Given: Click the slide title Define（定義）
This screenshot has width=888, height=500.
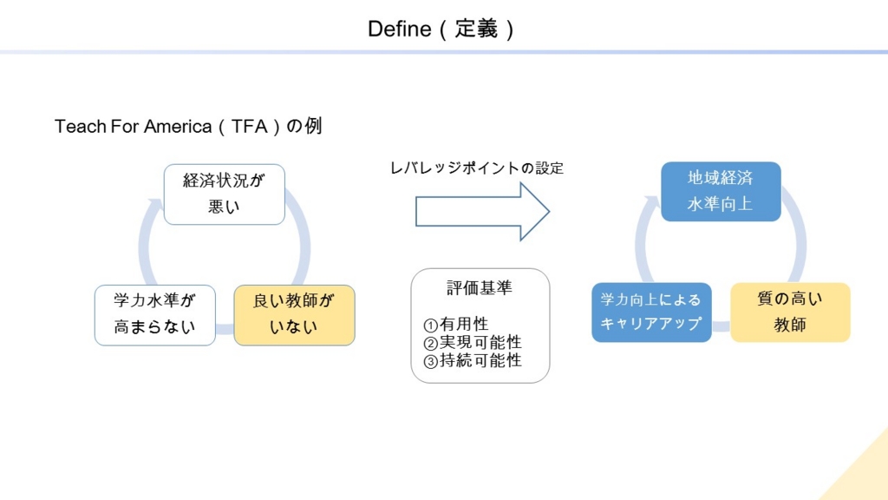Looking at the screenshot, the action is [441, 29].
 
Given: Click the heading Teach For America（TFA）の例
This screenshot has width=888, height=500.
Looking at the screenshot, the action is [188, 126].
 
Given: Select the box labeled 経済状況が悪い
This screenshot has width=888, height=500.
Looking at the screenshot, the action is [225, 194].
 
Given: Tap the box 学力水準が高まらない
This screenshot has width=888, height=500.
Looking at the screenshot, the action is [154, 315].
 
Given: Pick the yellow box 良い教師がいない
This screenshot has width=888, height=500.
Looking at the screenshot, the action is [294, 315].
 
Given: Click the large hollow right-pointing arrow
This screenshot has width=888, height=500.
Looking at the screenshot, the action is [482, 212].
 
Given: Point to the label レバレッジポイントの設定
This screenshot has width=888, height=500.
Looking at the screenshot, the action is [477, 168].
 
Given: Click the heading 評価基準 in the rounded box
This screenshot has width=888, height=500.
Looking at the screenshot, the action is [480, 288].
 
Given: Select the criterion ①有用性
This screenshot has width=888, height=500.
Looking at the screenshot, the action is [456, 325].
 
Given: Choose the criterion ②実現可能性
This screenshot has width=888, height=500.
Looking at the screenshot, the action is [473, 342].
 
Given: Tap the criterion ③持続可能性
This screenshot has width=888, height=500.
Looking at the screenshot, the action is [473, 360].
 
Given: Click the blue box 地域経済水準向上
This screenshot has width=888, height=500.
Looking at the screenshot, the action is [721, 192].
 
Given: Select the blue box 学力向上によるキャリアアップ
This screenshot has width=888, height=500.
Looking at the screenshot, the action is [651, 312].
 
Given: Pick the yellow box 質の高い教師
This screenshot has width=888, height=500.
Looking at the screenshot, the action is [790, 312].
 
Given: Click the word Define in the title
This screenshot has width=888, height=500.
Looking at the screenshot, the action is [399, 29].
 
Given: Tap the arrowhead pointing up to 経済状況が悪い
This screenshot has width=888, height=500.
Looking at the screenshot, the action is [154, 204].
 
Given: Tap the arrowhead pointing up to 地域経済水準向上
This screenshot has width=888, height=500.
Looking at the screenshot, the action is [651, 201].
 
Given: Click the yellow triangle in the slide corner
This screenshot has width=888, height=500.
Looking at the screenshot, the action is [864, 473].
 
